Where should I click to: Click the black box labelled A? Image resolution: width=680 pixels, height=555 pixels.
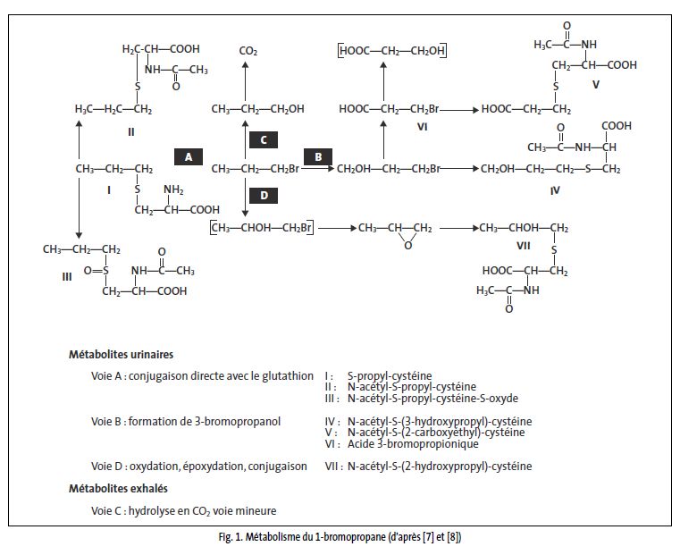point(188,156)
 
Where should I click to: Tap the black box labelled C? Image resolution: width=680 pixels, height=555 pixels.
point(263,139)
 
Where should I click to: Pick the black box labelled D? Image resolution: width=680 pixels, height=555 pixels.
point(263,194)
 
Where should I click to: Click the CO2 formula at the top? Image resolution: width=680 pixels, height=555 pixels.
point(248,53)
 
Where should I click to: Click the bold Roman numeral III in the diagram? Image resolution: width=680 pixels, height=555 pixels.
point(67,277)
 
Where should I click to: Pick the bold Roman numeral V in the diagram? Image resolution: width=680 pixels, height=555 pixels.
point(595,85)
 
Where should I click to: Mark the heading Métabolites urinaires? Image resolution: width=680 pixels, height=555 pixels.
point(121,355)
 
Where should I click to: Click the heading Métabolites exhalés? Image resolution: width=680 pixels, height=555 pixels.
point(118,489)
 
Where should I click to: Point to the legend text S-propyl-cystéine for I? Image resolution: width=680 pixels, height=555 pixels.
point(387,377)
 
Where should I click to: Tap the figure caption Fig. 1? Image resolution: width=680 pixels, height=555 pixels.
point(340,537)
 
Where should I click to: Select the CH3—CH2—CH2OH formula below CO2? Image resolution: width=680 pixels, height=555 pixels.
point(257,109)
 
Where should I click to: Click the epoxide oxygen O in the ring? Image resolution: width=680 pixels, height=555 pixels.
point(407,246)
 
